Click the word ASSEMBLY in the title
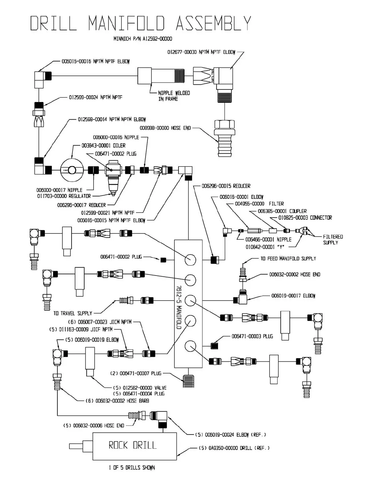tap(213, 23)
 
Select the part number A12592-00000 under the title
tap(157, 39)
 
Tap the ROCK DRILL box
tap(134, 446)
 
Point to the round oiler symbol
tap(72, 170)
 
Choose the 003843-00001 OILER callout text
tap(104, 146)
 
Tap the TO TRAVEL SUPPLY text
tap(72, 313)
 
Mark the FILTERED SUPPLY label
tap(333, 240)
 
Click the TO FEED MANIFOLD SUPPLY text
tap(288, 259)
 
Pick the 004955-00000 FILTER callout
tap(259, 204)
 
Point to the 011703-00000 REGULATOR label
tap(64, 196)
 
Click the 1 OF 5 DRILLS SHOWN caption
tap(132, 468)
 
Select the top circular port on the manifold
tap(190, 259)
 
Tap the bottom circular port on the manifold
tap(190, 346)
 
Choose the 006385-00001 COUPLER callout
tap(282, 211)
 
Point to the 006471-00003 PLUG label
tap(252, 336)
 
